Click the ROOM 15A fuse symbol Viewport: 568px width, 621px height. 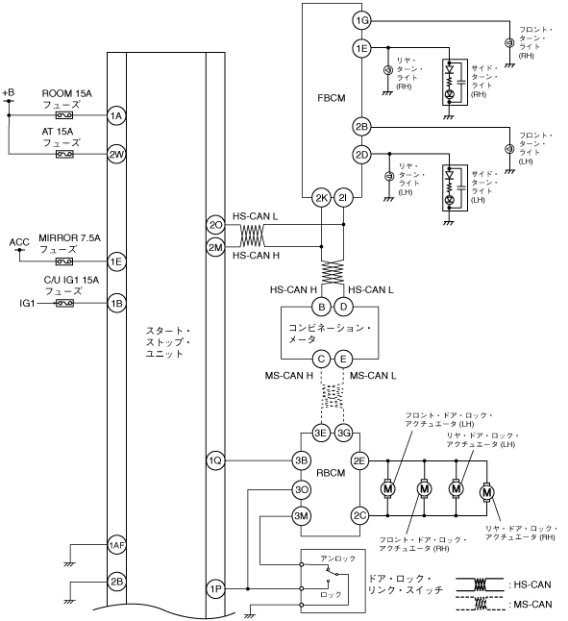[64, 115]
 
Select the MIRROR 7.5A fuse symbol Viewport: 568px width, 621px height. [64, 261]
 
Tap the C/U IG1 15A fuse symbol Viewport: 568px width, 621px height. [64, 304]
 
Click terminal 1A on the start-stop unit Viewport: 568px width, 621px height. [116, 115]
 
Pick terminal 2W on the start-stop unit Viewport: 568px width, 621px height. [116, 154]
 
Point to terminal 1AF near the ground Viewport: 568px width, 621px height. [116, 545]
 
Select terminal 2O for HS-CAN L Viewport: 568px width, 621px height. [215, 225]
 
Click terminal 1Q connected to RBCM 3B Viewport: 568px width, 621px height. [215, 460]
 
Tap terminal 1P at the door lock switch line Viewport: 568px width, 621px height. [215, 589]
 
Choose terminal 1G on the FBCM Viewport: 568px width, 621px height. [361, 20]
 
